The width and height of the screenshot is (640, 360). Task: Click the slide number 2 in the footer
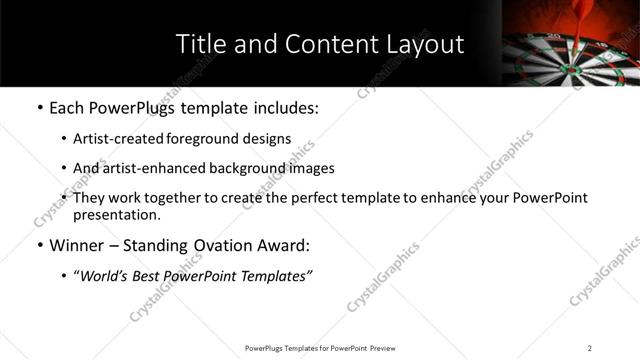coord(590,348)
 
